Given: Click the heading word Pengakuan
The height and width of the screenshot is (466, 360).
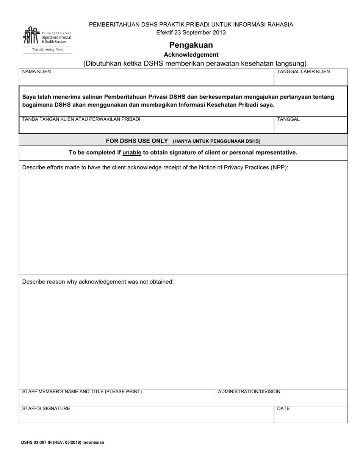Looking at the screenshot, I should pos(191,45).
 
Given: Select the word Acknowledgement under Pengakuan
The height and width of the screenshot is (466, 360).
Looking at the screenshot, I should pos(191,55).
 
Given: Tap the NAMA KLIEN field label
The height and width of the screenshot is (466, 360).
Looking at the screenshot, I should pos(36,72).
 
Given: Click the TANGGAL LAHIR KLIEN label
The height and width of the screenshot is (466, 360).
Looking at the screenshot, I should pos(303,72).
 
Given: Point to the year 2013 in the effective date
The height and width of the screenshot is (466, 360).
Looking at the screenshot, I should pos(219,33).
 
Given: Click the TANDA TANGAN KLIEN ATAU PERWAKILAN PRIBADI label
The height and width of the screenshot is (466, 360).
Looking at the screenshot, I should pos(81,119).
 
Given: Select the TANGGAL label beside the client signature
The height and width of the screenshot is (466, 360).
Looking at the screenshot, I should pos(288,119).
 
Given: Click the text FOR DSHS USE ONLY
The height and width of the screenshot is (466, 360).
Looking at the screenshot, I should pos(137,141).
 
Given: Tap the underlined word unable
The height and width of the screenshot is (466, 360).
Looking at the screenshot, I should pos(132,153).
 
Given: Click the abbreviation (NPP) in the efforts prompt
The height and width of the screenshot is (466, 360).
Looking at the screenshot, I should pos(279,167).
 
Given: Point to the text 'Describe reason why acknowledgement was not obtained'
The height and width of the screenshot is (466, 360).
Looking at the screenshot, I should pos(98,282).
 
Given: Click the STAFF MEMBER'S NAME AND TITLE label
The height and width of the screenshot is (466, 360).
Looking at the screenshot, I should pos(82,392).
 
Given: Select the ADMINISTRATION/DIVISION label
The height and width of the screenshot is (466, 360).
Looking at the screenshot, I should pos(249,392).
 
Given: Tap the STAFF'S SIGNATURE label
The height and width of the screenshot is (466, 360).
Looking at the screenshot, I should pos(46,409).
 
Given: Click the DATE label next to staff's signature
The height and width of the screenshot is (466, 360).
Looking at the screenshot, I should pos(283,409).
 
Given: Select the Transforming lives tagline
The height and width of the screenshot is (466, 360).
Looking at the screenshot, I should pos(47,50).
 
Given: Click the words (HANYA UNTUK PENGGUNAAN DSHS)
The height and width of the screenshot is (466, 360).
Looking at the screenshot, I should pos(216,141).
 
